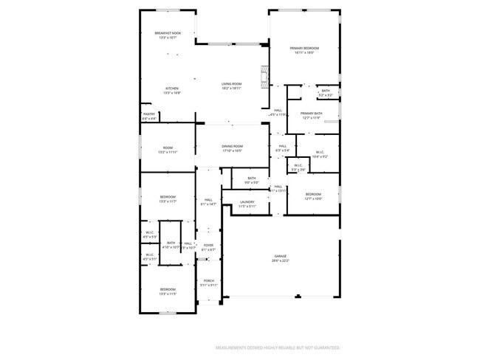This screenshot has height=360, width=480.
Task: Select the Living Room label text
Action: point(232,84)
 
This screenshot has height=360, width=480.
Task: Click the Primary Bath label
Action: point(310,114)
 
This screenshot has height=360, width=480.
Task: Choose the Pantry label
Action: point(149,114)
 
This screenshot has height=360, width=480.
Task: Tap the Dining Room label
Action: point(232,146)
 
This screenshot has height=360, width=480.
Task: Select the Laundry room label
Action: point(247,201)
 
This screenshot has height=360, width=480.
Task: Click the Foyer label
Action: point(208,245)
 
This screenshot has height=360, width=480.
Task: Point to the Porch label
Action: point(208,280)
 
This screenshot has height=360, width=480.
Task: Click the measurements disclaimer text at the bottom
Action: point(277,347)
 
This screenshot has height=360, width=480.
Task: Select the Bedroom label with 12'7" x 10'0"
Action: point(314,194)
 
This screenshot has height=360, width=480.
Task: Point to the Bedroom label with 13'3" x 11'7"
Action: point(168,197)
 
